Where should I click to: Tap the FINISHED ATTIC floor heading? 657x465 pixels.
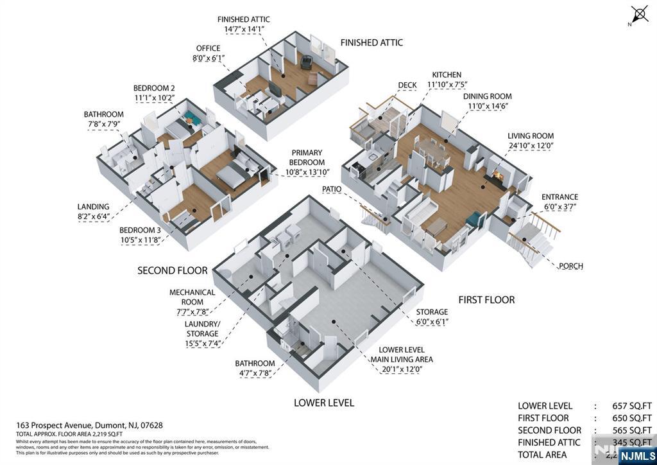[371, 42]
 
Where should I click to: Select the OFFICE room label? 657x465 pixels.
[208, 48]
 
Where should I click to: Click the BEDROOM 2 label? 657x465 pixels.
[154, 88]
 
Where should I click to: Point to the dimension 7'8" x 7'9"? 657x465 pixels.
[103, 125]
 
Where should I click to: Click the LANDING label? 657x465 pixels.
[93, 206]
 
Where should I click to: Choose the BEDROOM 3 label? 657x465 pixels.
[140, 230]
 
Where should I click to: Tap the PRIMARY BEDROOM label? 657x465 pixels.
[307, 157]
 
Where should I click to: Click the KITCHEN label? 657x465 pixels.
[447, 75]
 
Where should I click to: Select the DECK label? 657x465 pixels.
[407, 85]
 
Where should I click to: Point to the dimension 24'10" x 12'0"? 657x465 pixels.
[531, 146]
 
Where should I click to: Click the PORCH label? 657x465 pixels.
[570, 266]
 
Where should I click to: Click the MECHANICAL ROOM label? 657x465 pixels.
[192, 297]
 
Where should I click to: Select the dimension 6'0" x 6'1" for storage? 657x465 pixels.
[431, 322]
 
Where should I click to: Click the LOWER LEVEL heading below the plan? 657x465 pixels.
[323, 403]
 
